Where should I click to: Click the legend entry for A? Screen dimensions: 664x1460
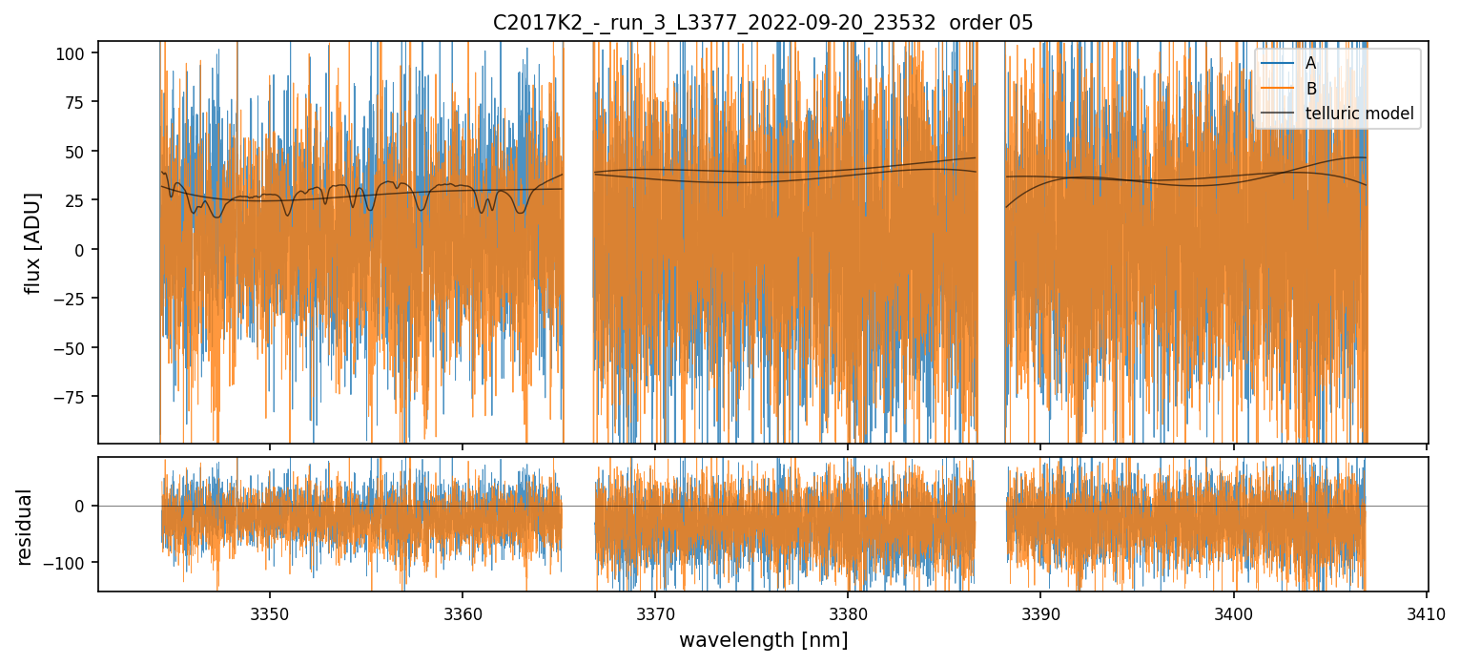click(x=1310, y=63)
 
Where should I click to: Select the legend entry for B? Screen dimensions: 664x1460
click(x=1310, y=89)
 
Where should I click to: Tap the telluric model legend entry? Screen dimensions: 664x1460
click(x=1359, y=115)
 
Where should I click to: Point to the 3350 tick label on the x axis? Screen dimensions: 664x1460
click(x=269, y=611)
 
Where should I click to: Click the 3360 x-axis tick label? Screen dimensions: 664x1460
click(x=462, y=611)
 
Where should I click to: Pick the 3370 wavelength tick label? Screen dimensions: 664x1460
click(x=655, y=611)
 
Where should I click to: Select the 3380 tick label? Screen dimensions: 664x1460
click(x=848, y=611)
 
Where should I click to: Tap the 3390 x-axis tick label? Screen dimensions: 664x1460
click(x=1040, y=611)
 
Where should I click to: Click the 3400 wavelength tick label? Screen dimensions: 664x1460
click(x=1233, y=611)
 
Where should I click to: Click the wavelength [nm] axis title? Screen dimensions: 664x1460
click(x=763, y=640)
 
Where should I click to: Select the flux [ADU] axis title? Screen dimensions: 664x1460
click(x=33, y=242)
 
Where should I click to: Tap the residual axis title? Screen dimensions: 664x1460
click(x=25, y=527)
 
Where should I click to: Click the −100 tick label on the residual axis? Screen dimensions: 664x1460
click(x=67, y=562)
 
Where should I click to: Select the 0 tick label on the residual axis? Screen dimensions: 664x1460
click(x=82, y=506)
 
